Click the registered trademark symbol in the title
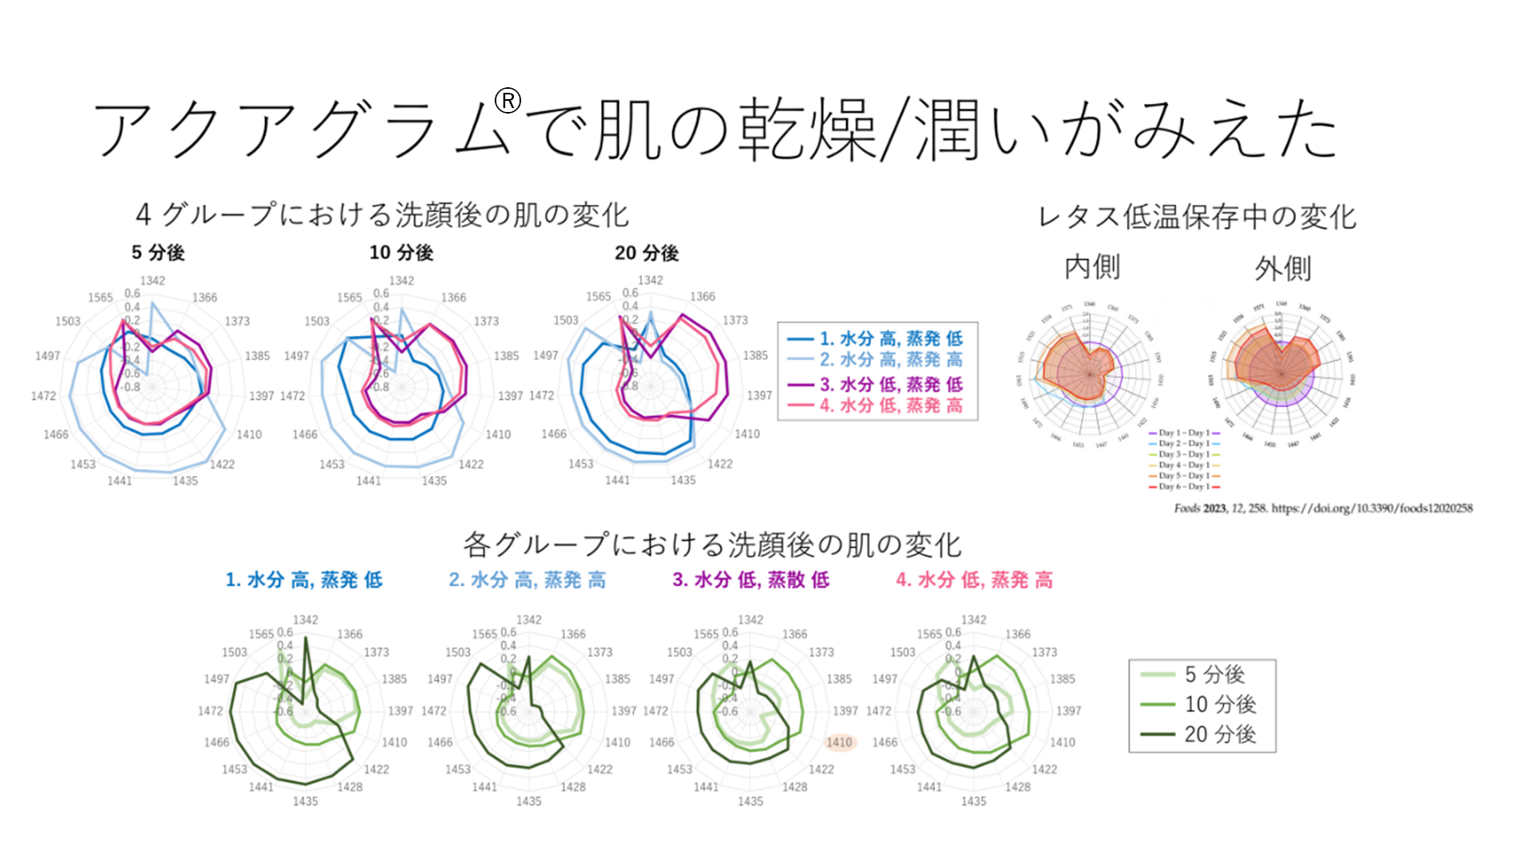(x=508, y=101)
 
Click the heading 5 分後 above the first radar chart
(x=158, y=253)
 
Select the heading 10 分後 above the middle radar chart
(x=401, y=253)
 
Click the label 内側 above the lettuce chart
(x=1092, y=267)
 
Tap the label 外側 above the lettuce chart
(x=1282, y=269)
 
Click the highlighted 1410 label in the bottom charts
(x=840, y=742)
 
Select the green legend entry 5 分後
(x=1214, y=674)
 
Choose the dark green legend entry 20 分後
(x=1219, y=734)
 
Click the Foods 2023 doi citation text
(x=1322, y=508)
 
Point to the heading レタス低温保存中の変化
(x=1197, y=217)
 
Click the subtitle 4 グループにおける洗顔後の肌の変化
(x=382, y=214)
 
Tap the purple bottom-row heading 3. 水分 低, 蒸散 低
(x=750, y=580)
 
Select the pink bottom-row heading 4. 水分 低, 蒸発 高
(x=973, y=580)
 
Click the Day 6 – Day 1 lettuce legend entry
(x=1184, y=486)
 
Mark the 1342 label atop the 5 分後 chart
(x=152, y=281)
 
